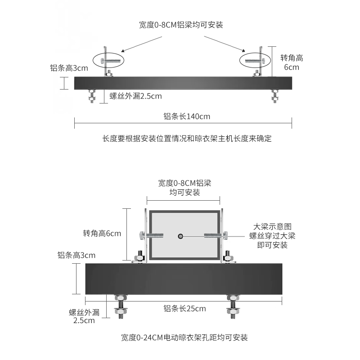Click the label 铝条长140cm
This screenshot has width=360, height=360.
(187, 117)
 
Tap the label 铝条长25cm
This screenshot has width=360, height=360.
(184, 308)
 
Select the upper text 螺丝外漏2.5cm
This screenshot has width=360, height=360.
(135, 96)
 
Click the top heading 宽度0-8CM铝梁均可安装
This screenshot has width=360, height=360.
(181, 25)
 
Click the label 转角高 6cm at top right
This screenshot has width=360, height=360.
(292, 63)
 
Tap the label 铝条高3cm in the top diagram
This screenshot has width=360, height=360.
(69, 68)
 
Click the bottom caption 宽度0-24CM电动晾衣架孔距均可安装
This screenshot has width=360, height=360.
(184, 337)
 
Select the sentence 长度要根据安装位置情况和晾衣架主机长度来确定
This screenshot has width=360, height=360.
(187, 138)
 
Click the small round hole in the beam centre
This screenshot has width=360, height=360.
(180, 236)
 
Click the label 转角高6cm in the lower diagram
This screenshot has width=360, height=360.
(102, 234)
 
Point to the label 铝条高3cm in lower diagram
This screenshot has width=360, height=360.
(76, 255)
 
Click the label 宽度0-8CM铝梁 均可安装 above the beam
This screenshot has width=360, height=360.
(184, 188)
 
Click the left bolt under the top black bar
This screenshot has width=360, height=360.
(92, 95)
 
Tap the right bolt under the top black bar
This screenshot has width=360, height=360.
(274, 95)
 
